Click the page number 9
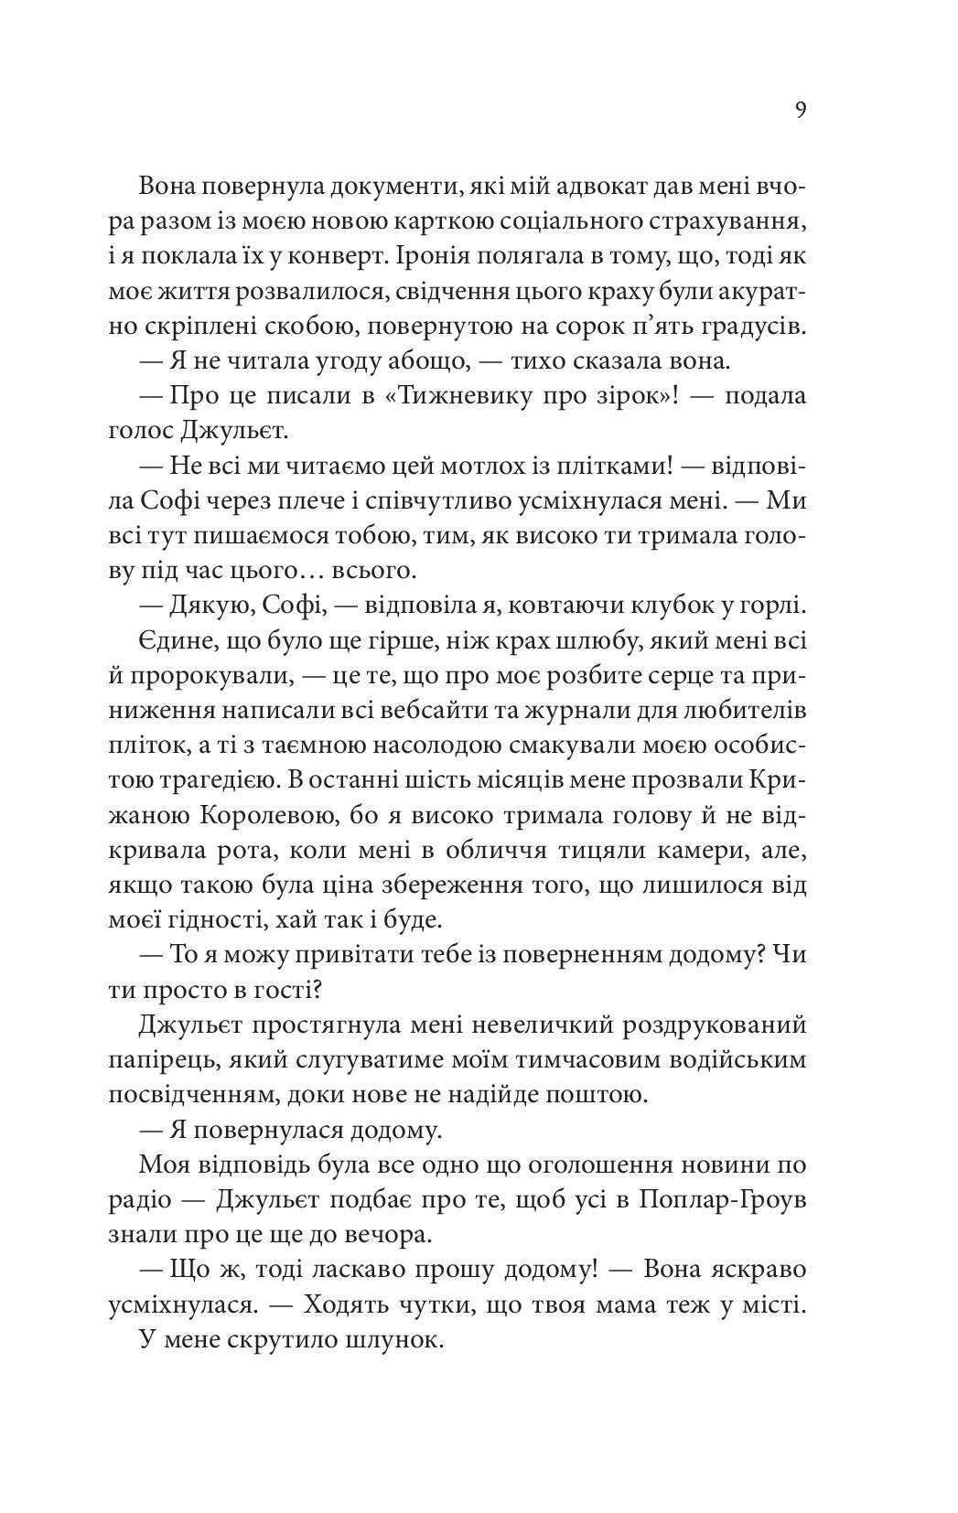[801, 111]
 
